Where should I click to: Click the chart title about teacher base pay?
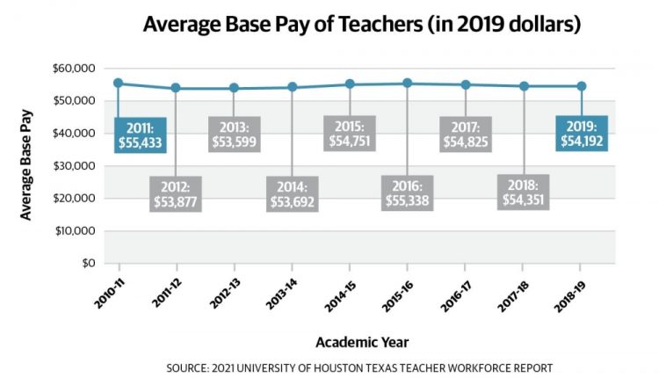pyautogui.click(x=361, y=25)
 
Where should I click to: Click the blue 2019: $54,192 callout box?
pyautogui.click(x=581, y=134)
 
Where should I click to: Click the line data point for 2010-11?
pyautogui.click(x=119, y=84)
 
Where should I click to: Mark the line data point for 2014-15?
pyautogui.click(x=350, y=84)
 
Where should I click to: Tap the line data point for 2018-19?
pyautogui.click(x=581, y=86)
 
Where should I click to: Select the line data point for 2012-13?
pyautogui.click(x=235, y=88)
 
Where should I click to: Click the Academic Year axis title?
pyautogui.click(x=363, y=340)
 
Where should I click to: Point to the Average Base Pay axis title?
pyautogui.click(x=27, y=166)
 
